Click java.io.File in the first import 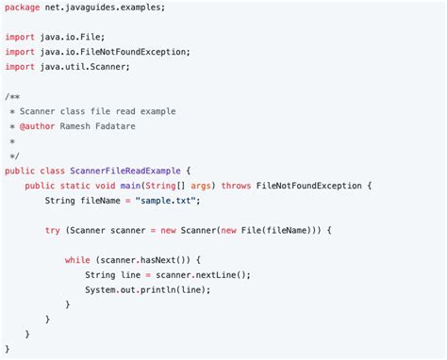click(76, 37)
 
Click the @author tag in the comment click(39, 125)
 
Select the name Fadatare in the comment click(139, 125)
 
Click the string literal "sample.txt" click(167, 201)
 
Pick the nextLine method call click(222, 274)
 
